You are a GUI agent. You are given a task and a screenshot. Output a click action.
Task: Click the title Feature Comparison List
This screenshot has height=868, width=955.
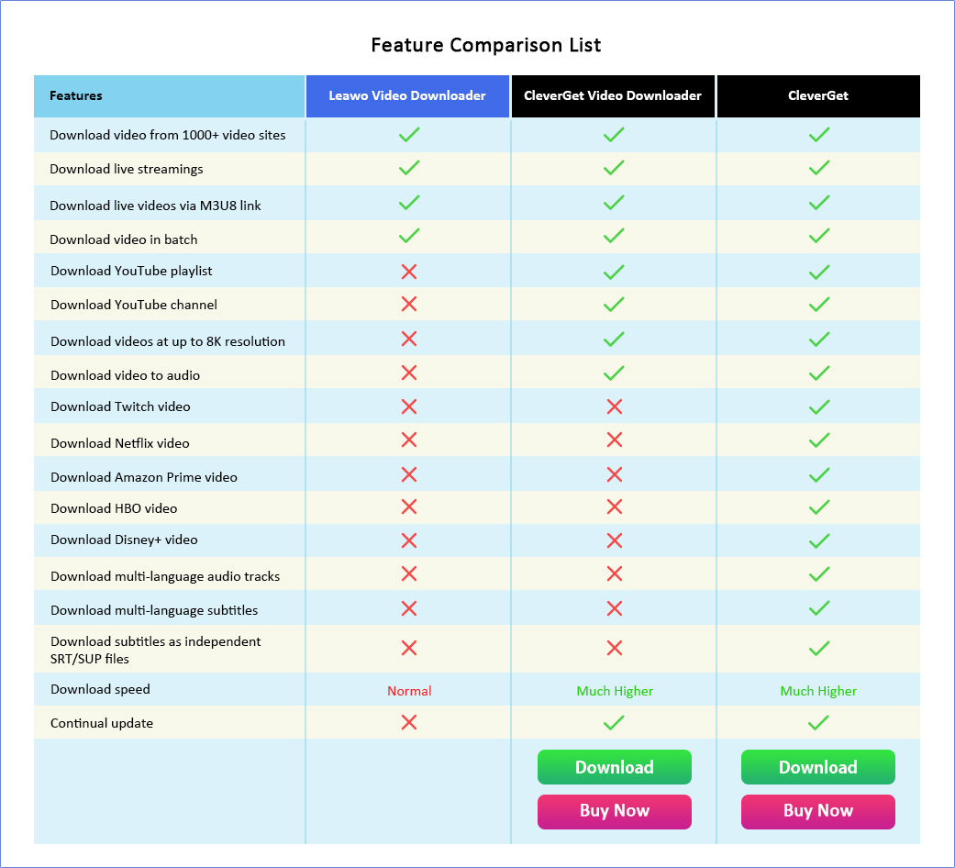coord(486,45)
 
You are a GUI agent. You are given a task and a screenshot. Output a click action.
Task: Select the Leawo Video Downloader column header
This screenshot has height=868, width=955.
coord(407,95)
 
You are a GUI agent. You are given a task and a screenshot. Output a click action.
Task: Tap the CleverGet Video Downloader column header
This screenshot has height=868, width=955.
coord(613,95)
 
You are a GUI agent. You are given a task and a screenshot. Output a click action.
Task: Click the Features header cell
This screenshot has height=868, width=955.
coord(76,95)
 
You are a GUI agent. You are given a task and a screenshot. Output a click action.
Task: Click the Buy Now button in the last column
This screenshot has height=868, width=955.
coord(818,811)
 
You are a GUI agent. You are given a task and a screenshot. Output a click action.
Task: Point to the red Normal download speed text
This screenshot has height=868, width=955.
coord(409,691)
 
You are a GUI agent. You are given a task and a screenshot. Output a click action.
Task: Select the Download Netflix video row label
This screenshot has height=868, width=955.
coord(120,443)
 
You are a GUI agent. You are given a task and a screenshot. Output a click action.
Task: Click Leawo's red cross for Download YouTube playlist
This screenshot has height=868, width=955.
coord(409,272)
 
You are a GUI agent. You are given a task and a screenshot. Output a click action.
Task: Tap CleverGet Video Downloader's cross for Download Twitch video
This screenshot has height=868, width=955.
coord(615,406)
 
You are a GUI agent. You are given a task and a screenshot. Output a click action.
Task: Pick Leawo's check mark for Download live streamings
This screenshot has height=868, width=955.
coord(409,168)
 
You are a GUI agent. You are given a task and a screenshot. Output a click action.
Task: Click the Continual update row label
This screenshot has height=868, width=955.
coord(102,723)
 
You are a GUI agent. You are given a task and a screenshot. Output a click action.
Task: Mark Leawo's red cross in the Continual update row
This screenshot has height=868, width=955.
coord(409,722)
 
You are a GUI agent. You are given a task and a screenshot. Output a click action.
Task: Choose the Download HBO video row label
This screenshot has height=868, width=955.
coord(114,508)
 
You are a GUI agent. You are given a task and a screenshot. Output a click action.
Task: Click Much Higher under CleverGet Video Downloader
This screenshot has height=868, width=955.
coord(615,691)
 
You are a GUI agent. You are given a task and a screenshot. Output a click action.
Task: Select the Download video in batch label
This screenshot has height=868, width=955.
coord(124,239)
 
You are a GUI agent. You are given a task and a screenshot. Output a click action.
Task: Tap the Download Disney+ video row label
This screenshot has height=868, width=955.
coord(124,540)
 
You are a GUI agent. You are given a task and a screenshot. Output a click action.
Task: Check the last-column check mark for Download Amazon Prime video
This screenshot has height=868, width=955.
coord(819,475)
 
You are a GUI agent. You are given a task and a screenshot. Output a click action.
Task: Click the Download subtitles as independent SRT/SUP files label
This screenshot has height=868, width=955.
coord(156,650)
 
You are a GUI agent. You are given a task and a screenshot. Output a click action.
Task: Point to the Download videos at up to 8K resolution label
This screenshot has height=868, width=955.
coord(168,341)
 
